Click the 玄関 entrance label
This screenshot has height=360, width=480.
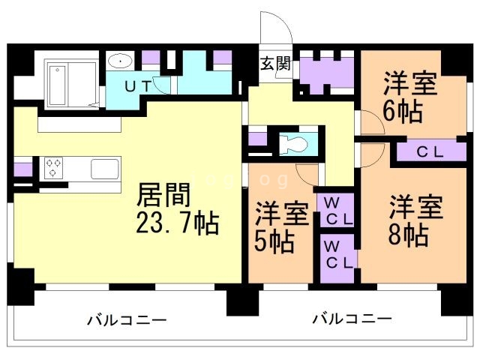coord(275,63)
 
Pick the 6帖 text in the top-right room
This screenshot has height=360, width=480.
coord(406,111)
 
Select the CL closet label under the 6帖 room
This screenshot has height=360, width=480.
coord(430,151)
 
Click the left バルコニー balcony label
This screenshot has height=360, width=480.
coord(127,320)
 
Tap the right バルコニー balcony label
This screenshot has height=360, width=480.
coord(352,319)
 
